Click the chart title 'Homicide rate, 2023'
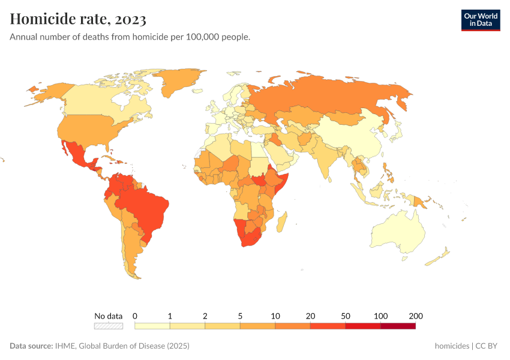click(78, 19)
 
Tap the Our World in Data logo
click(480, 20)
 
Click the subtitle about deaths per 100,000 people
click(130, 37)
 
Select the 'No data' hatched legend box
click(109, 326)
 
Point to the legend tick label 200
click(415, 316)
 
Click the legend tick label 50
click(345, 316)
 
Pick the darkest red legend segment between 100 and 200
click(398, 326)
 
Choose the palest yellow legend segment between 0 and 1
click(152, 326)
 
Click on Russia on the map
click(336, 96)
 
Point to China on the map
click(354, 135)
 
